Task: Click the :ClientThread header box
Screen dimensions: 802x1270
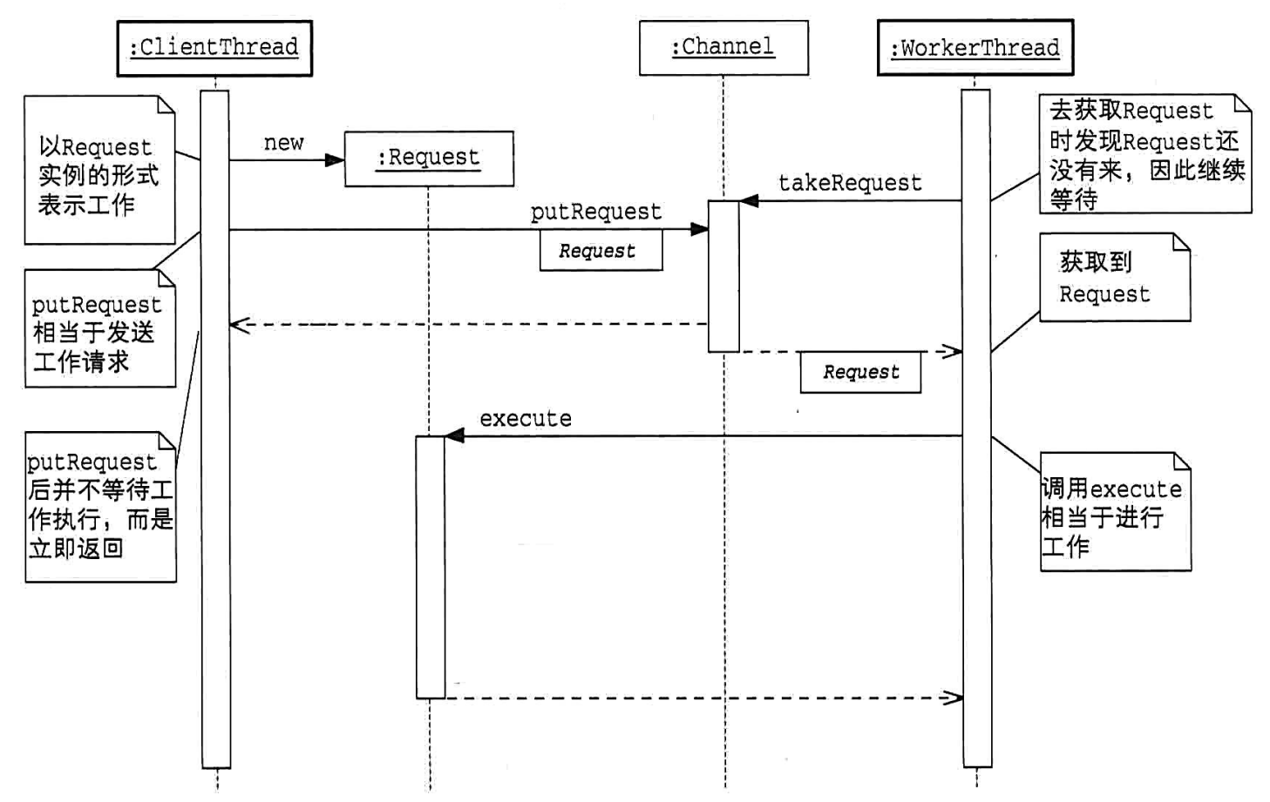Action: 214,48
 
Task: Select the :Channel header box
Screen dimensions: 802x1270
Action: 723,48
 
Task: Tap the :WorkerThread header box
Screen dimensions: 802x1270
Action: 975,48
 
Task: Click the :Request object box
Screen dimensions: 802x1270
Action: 429,158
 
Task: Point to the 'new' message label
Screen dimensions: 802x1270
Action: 283,143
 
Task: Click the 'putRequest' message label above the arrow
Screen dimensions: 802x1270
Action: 596,212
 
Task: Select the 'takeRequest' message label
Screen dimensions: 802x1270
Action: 850,183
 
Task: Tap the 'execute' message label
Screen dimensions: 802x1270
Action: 526,419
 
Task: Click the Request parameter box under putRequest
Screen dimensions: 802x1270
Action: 601,251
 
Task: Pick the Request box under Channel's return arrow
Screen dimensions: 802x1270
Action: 860,372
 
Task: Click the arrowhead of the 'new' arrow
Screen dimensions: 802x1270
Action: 335,160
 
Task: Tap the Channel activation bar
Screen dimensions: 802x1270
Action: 723,276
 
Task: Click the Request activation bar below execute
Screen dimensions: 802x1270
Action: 430,566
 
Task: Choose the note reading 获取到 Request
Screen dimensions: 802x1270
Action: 1114,278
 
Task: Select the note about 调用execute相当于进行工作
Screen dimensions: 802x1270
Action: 1115,513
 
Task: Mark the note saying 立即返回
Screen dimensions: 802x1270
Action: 100,507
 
